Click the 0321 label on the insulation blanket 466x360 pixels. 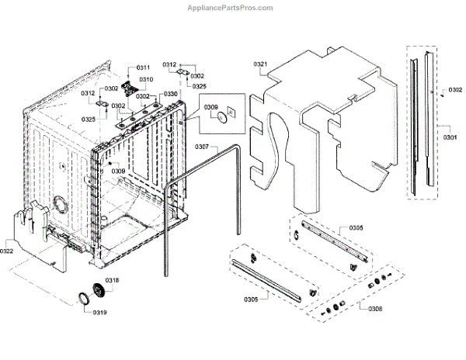click(260, 64)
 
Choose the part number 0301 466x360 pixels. click(450, 137)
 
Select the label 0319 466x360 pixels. click(101, 313)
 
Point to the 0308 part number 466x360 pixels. click(375, 308)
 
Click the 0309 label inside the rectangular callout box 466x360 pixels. click(210, 107)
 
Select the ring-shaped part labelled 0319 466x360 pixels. click(82, 299)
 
